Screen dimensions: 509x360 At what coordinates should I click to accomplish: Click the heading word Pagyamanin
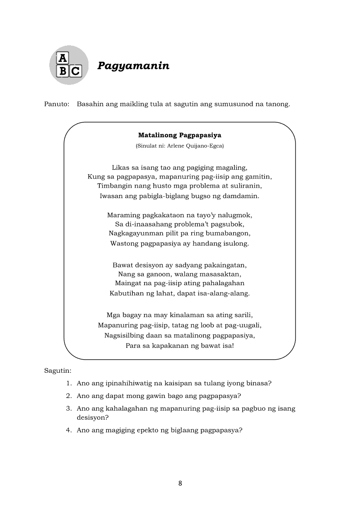[133, 66]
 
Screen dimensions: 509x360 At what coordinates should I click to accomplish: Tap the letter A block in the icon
[63, 58]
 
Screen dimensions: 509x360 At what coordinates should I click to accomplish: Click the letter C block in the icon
[76, 71]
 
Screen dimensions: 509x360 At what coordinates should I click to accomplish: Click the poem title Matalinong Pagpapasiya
[180, 135]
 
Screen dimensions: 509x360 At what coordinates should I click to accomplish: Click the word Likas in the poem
[120, 167]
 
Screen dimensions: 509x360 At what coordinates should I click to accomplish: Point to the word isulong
[235, 243]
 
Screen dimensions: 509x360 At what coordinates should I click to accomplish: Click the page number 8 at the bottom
[180, 483]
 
